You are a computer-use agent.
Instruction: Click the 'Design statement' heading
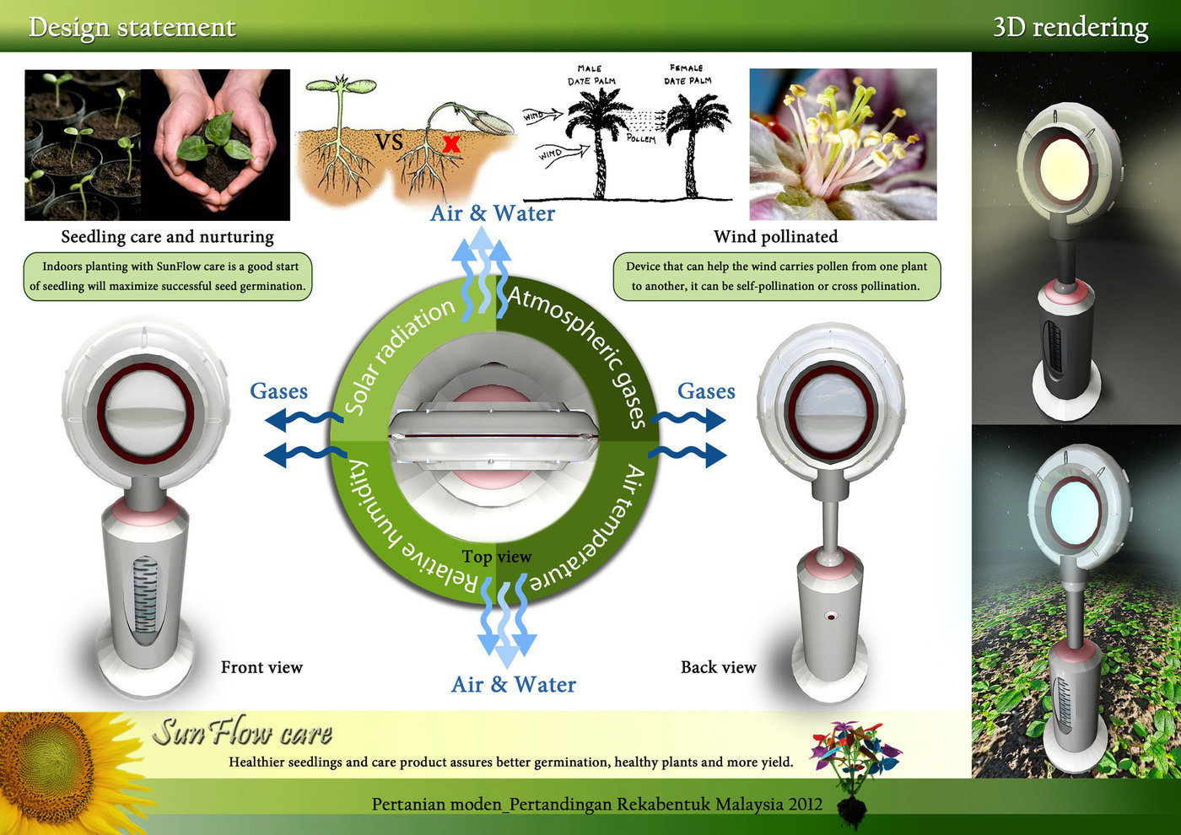[132, 27]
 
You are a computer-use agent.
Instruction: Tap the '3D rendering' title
[1070, 27]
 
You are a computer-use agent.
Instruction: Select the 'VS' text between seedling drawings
[389, 141]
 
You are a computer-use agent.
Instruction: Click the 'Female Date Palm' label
[687, 74]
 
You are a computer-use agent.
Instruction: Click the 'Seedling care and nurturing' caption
[167, 237]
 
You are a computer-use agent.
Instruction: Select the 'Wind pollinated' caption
[775, 237]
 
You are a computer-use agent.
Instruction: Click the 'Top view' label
[496, 557]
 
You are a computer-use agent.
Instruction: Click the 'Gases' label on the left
[278, 391]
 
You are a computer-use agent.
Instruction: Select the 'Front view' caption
[262, 667]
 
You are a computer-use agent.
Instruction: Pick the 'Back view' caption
[718, 667]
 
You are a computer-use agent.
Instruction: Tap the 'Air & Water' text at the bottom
[513, 684]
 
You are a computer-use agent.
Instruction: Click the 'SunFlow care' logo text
[242, 732]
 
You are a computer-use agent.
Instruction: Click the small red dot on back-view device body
[831, 617]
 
